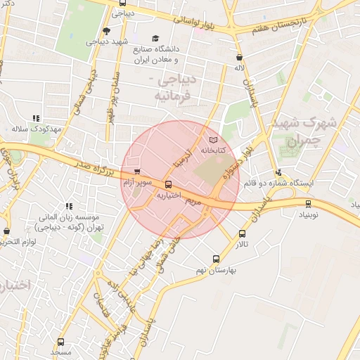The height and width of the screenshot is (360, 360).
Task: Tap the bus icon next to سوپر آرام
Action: point(137,172)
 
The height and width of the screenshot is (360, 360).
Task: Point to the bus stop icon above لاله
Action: point(240,57)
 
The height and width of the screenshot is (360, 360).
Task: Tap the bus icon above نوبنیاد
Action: point(308,204)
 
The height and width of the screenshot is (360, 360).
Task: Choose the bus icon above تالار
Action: point(243,234)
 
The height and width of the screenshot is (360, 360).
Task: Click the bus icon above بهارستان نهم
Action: point(216,259)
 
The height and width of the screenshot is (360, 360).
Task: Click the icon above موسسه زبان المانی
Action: point(69,206)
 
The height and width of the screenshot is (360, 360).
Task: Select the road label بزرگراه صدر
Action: point(90,167)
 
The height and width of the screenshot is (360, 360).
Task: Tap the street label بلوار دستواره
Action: point(237,162)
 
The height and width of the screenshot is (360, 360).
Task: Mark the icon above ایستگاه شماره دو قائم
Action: point(279,172)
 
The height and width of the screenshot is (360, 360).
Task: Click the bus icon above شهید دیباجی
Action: point(106,30)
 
